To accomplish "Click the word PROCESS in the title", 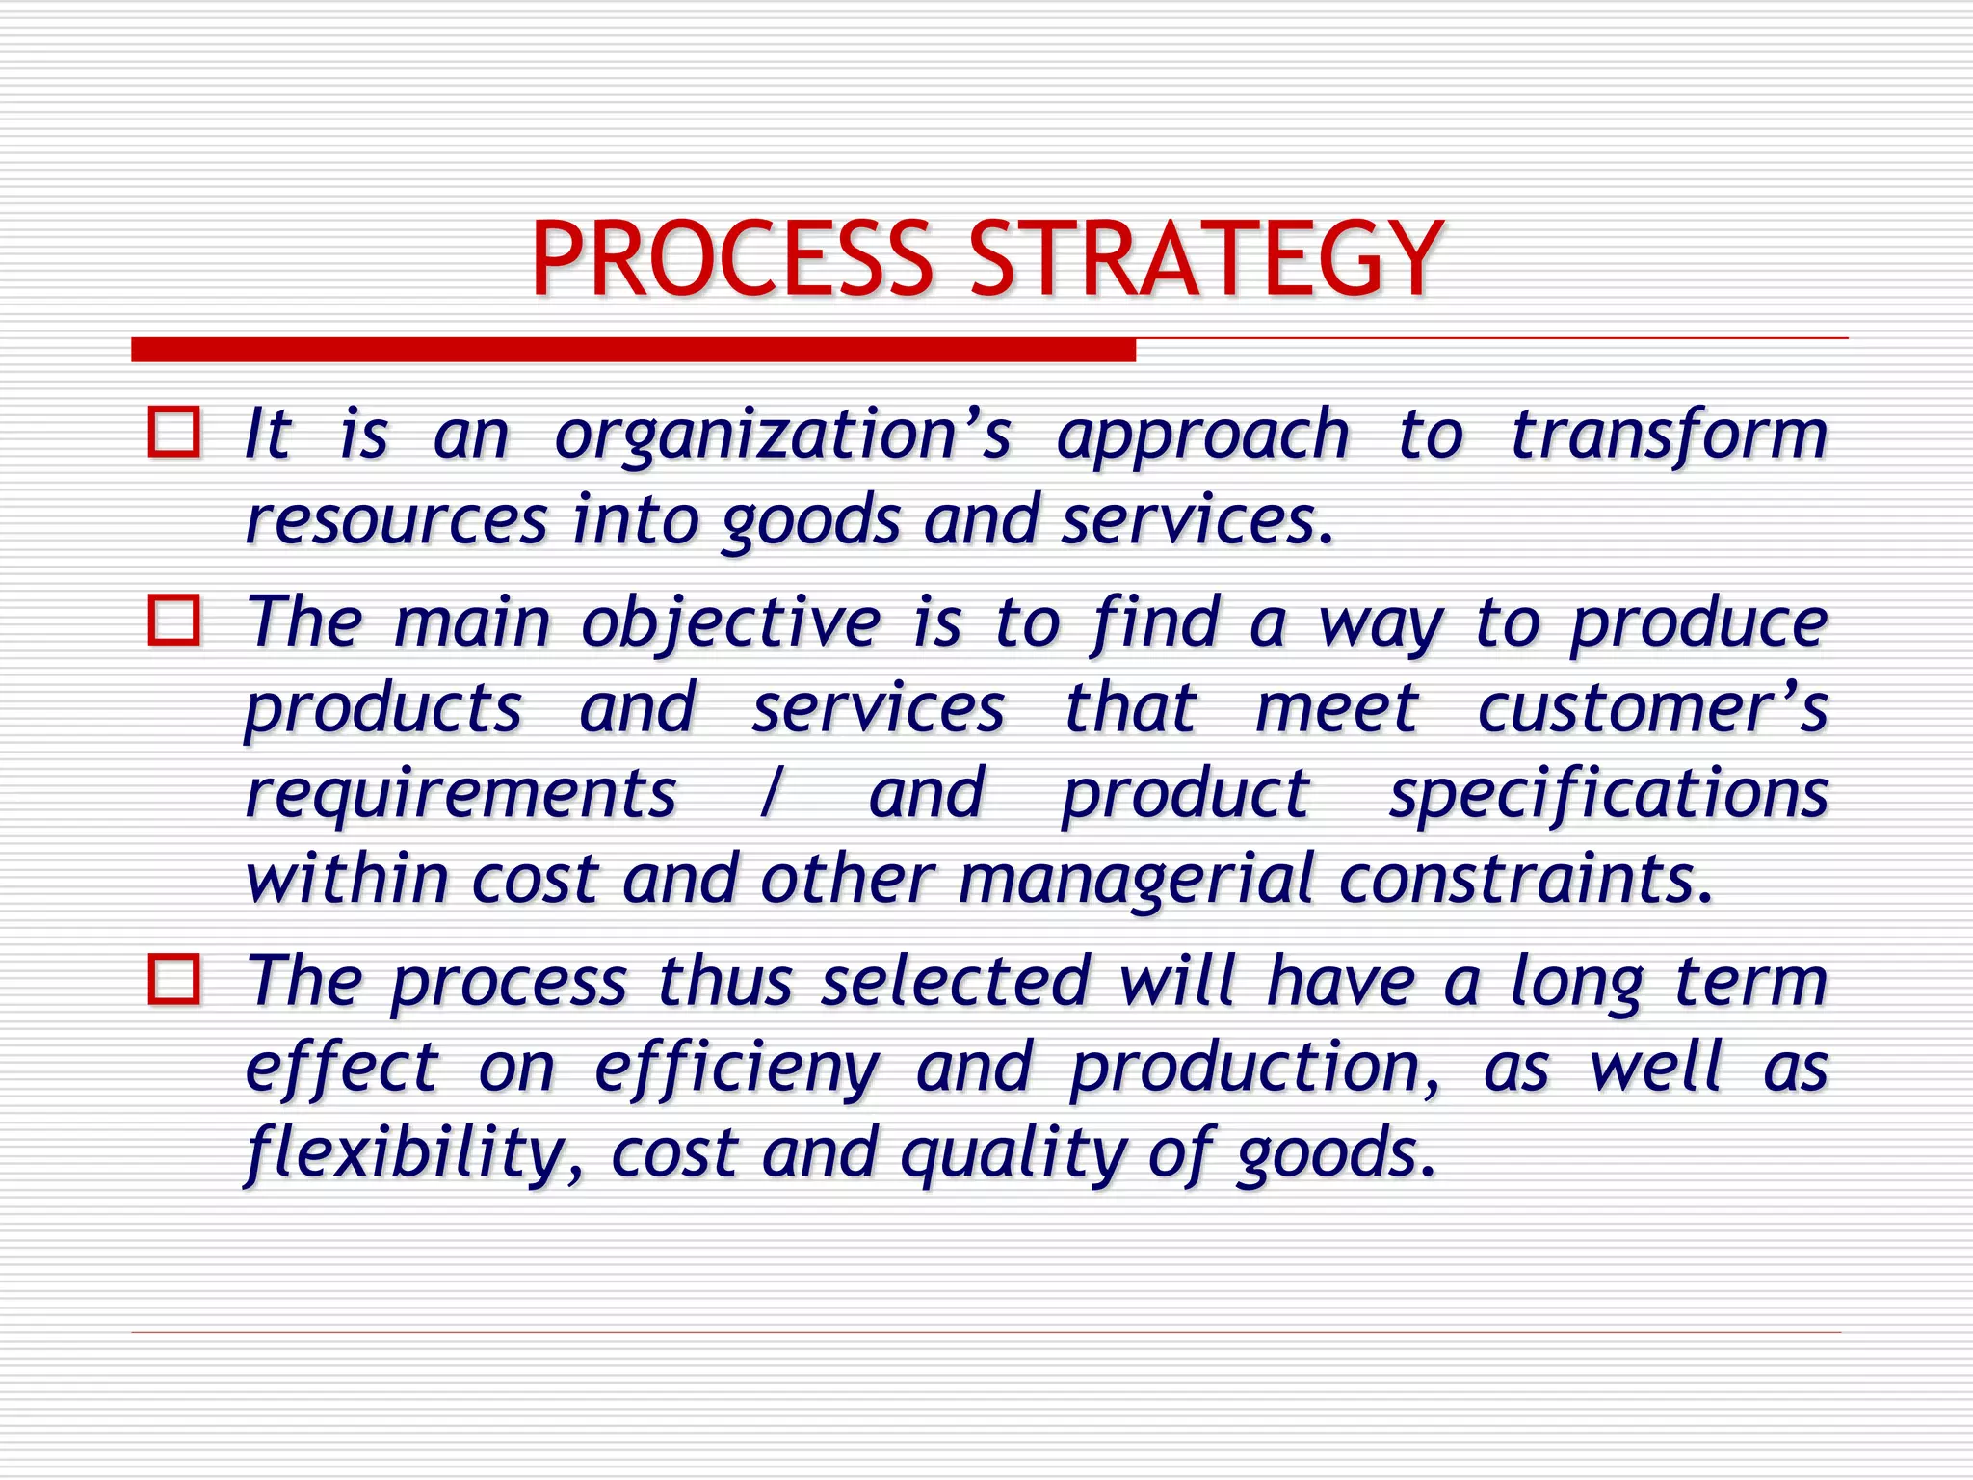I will click(x=731, y=258).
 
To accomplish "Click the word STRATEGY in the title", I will click(x=1205, y=258).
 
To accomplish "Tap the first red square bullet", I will click(x=174, y=432).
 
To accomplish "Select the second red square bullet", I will click(x=174, y=620).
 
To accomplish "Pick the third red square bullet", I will click(x=174, y=979).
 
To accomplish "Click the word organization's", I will click(x=782, y=436).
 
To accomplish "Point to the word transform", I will click(x=1668, y=434).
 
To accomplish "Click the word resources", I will click(x=396, y=520).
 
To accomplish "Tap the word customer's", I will click(x=1652, y=708).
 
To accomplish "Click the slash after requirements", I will click(x=770, y=794).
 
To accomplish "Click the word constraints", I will click(x=1525, y=879).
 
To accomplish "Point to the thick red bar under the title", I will click(x=633, y=350).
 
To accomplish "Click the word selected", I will click(x=955, y=981).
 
